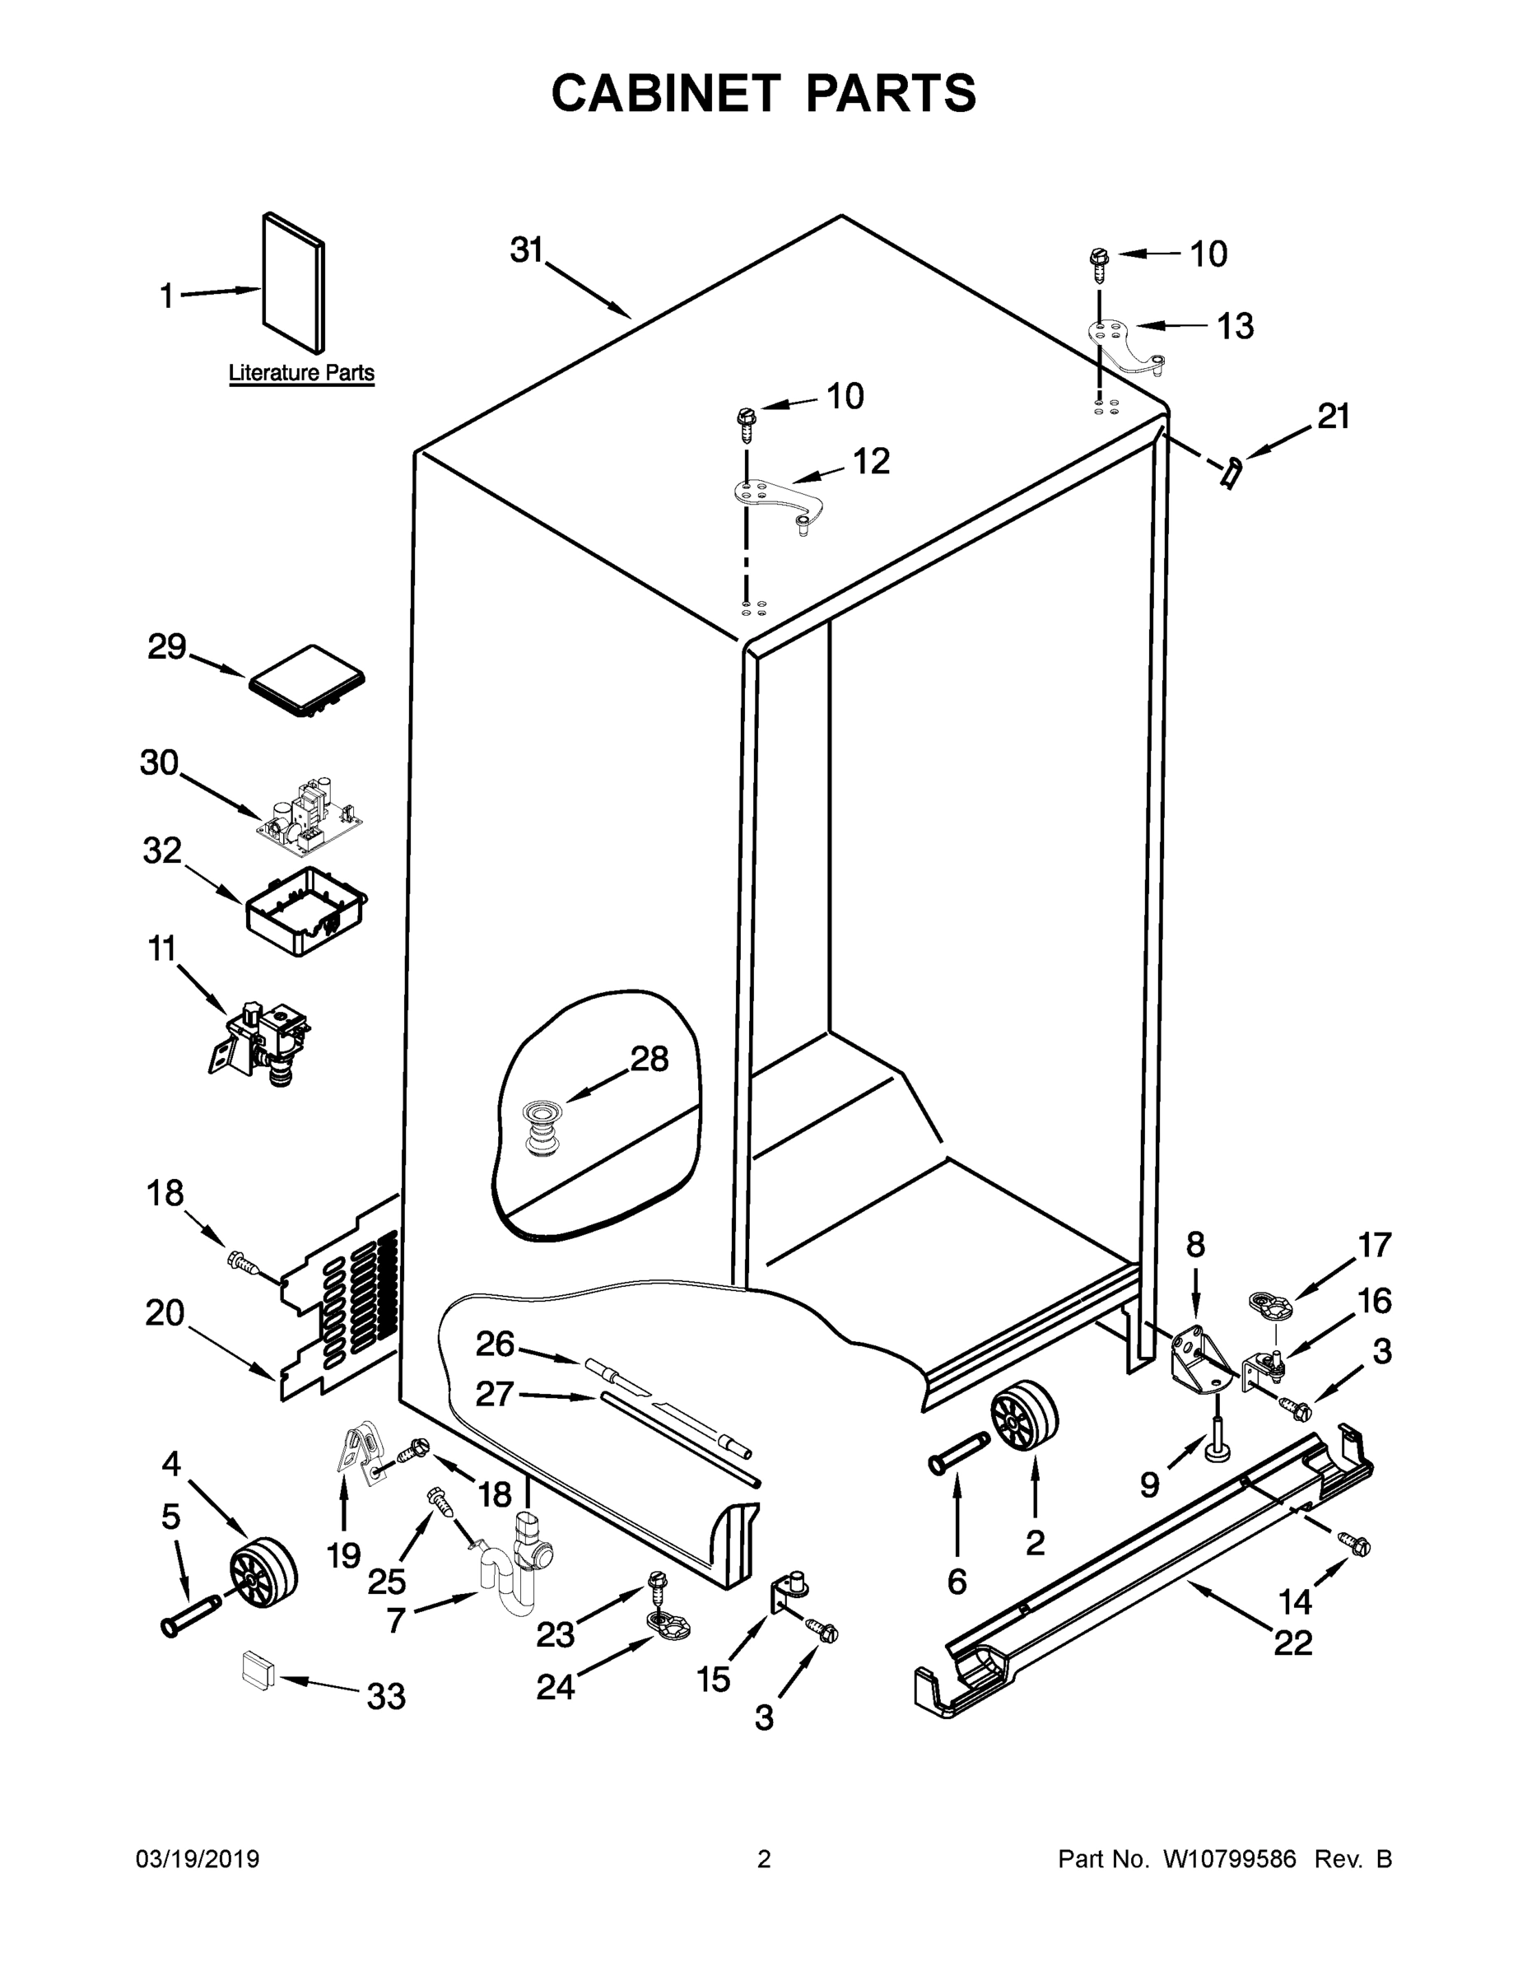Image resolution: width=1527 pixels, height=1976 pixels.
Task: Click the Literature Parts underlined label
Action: coord(301,373)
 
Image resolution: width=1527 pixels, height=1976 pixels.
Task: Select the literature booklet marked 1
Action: coord(293,284)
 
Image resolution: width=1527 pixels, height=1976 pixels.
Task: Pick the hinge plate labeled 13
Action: coord(1125,345)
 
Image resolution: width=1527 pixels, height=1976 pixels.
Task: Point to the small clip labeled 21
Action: coord(1231,472)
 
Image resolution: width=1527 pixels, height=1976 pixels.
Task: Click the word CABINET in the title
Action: coord(665,93)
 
